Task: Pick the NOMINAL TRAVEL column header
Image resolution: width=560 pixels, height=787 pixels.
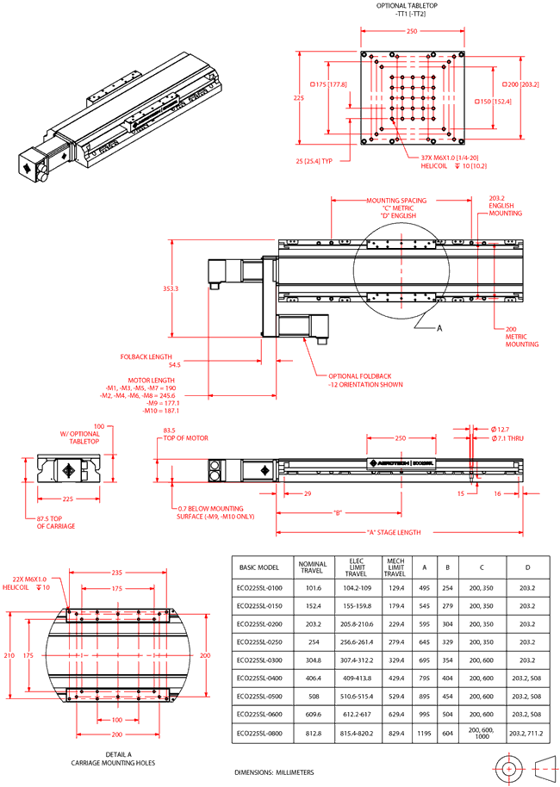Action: pos(312,570)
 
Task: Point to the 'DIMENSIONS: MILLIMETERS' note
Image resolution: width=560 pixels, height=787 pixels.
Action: pos(275,772)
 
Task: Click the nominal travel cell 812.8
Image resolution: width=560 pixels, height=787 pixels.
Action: pos(312,733)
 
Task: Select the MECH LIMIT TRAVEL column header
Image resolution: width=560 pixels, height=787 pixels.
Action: pos(394,570)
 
